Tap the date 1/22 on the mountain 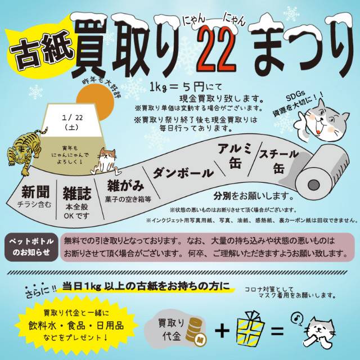point(73,118)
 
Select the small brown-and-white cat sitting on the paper point(105,161)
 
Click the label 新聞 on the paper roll point(35,192)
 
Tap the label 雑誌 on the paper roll point(77,193)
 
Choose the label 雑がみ point(125,186)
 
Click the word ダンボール point(183,173)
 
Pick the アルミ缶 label point(234,156)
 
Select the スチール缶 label point(278,161)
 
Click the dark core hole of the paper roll point(314,185)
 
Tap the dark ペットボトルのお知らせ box point(31,247)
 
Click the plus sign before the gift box point(222,331)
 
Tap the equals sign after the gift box point(277,331)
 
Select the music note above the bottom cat point(296,318)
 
